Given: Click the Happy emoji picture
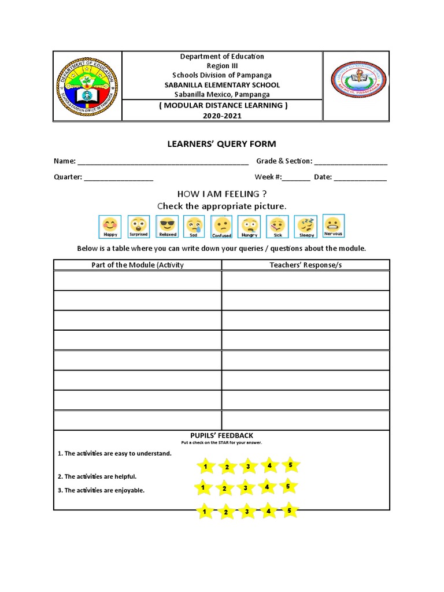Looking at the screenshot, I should (110, 227).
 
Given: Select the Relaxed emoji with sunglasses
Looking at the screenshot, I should (167, 227).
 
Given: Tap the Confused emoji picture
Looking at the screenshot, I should (222, 227).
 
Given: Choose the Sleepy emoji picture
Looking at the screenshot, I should (306, 227).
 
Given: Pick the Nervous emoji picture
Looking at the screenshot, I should (333, 225).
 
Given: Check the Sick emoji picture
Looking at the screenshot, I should (277, 227).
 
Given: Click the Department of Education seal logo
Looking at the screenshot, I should (87, 86).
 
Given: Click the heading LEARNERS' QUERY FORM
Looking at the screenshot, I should (222, 144).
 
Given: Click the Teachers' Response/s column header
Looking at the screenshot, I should (306, 265).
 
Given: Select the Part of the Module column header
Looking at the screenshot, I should (138, 265).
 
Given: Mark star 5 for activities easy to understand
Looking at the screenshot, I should (290, 464).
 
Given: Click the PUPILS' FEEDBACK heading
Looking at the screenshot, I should (222, 435).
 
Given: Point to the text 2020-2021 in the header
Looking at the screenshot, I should (222, 116).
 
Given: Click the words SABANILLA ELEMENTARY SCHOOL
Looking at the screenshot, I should (222, 85).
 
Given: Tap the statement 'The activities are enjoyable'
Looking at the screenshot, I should (104, 490).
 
